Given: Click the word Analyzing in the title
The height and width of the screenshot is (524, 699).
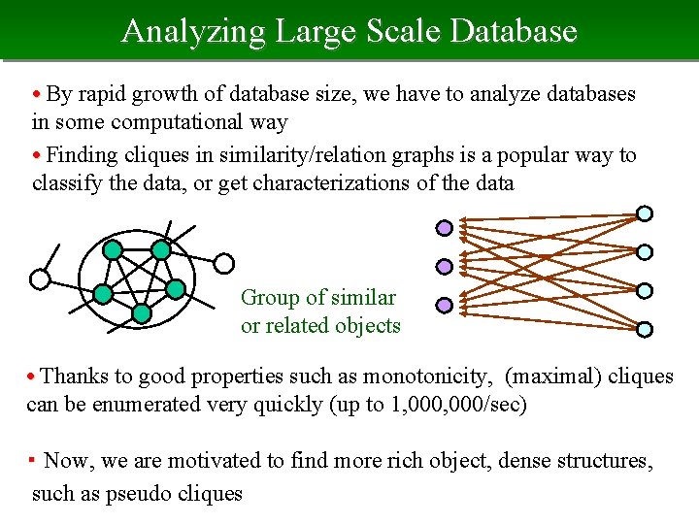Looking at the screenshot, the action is coord(193,32).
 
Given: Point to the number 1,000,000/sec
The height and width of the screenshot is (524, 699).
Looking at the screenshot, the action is coord(458,404).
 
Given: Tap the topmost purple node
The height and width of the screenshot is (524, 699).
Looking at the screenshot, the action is coord(444,228).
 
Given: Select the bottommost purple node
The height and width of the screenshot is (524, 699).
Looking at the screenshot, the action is coord(444,305).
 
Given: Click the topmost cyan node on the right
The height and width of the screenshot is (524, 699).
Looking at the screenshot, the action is coord(645,213).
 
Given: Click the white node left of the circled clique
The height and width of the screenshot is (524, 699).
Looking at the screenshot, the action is coord(40,279).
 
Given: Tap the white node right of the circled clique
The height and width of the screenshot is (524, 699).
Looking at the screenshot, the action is coord(224,262).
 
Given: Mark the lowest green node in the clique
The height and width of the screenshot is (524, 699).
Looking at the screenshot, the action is coord(142,313).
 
